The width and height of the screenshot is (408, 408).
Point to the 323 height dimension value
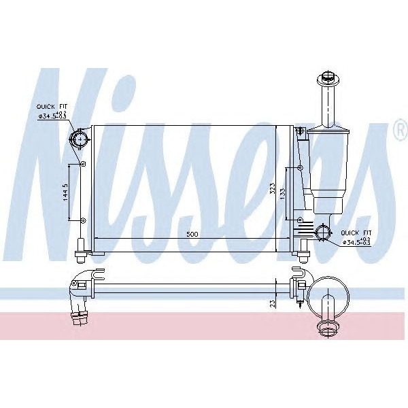[x=272, y=189]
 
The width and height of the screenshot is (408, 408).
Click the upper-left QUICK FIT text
[x=52, y=107]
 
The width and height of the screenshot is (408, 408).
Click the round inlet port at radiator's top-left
[x=79, y=141]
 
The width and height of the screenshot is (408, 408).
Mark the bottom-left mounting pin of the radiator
[x=80, y=256]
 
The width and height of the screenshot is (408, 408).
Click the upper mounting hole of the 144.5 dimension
[x=83, y=165]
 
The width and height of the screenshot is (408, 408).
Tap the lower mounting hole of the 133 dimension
[x=301, y=219]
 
